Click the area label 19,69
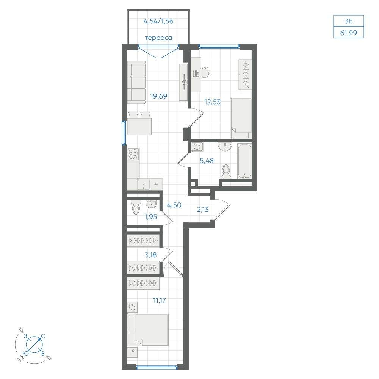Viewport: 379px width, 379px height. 158,96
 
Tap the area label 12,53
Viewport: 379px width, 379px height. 212,102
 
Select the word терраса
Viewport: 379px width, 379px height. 158,38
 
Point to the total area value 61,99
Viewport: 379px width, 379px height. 348,33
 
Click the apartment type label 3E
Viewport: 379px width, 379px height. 348,21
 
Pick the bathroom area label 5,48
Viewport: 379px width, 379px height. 207,160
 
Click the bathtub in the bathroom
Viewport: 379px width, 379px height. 244,161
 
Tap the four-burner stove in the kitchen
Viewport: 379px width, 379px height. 133,154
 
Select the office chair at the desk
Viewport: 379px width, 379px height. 205,72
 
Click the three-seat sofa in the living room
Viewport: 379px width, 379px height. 136,82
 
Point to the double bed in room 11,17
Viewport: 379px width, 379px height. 148,330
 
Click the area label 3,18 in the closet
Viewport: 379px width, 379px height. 150,255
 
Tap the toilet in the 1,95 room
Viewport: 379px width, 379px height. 136,208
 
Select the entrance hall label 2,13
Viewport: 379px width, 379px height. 203,210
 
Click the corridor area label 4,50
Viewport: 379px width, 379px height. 174,205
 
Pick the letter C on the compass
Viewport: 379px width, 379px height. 43,336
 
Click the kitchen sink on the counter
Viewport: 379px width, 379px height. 144,185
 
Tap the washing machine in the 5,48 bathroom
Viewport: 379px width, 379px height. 197,147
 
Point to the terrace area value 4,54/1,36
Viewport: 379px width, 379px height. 158,21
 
